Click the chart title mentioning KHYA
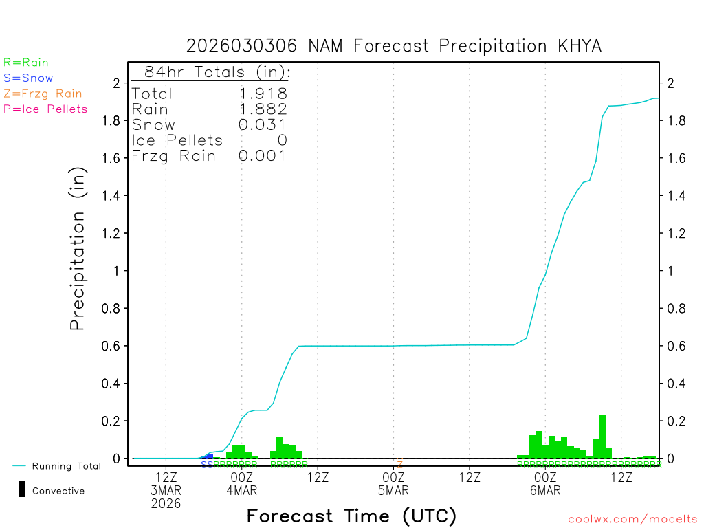pos(394,46)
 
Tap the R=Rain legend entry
pos(26,63)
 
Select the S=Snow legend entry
pos(28,78)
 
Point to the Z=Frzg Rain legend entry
pos(43,93)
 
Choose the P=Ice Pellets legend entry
pos(45,109)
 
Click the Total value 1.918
pos(263,93)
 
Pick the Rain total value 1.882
pos(263,109)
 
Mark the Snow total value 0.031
pos(263,124)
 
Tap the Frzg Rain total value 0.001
pos(263,156)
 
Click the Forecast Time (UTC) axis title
pos(351,516)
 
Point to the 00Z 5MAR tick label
pos(394,483)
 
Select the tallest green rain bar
pos(602,436)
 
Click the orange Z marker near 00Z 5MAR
pos(399,465)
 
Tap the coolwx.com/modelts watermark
pos(632,519)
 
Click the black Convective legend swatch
pos(22,489)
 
